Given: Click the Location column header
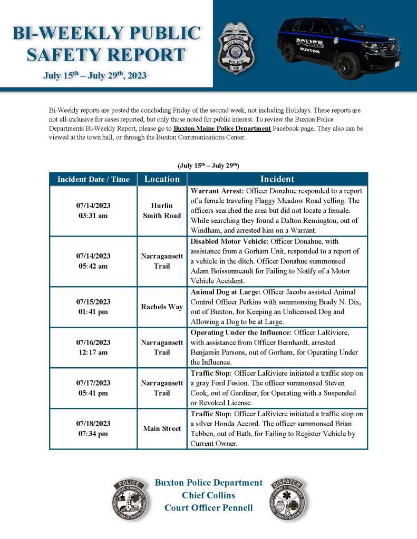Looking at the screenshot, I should click(162, 179).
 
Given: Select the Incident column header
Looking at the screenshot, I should click(277, 179).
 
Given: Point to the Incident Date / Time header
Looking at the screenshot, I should click(93, 179).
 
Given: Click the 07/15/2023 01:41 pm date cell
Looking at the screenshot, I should click(93, 307).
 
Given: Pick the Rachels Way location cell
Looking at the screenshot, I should click(162, 307).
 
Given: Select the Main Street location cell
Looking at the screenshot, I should click(162, 429).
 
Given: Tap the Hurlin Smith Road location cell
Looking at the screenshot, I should click(162, 211).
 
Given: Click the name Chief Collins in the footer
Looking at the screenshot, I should click(208, 495).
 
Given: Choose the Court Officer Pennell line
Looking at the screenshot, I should click(208, 508).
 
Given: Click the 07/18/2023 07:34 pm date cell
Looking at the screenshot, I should click(93, 429).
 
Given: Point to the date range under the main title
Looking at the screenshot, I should click(95, 75).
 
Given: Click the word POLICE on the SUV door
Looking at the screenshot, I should click(309, 42).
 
